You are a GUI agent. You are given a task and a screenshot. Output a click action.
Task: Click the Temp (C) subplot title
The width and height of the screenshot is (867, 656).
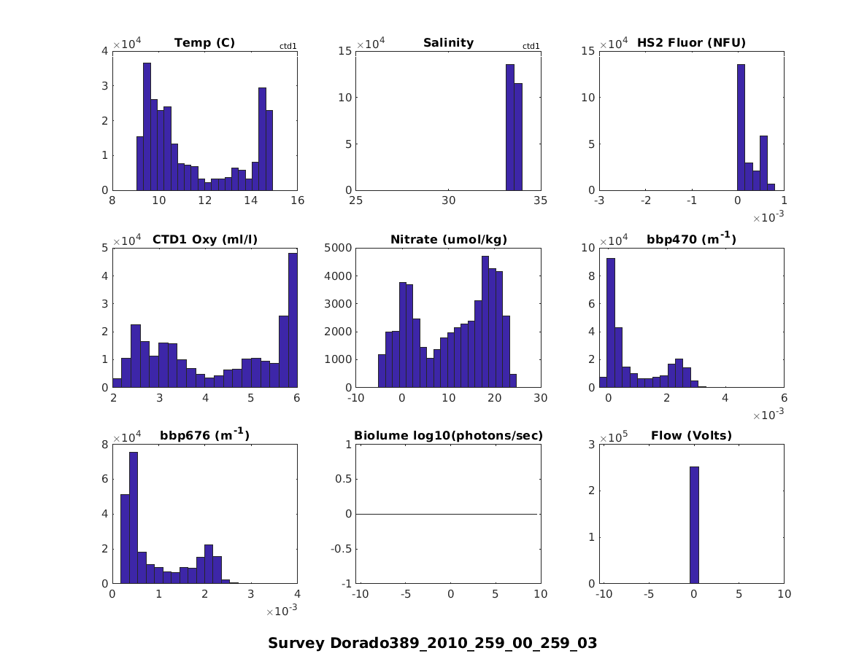tap(204, 43)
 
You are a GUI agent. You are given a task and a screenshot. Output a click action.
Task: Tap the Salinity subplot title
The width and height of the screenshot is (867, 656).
tap(448, 43)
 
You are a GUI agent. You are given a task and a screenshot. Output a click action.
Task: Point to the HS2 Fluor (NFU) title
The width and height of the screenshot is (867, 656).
tap(691, 43)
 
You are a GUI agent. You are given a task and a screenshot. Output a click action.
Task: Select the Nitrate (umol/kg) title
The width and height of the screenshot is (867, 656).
tap(448, 239)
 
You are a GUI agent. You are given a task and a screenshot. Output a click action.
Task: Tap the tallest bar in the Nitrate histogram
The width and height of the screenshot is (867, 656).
tap(485, 321)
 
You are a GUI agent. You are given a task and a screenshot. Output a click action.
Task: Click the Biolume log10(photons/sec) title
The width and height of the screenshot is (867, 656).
tap(448, 436)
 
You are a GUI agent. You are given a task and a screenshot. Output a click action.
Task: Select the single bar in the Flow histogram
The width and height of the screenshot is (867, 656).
tap(694, 525)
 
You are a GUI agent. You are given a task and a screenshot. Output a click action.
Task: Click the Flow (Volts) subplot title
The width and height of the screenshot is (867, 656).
tap(691, 436)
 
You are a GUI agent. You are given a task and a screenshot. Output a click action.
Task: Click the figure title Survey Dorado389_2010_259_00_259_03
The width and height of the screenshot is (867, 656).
tap(433, 643)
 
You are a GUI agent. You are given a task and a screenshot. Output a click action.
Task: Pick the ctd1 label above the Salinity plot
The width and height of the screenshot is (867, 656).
tap(531, 47)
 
